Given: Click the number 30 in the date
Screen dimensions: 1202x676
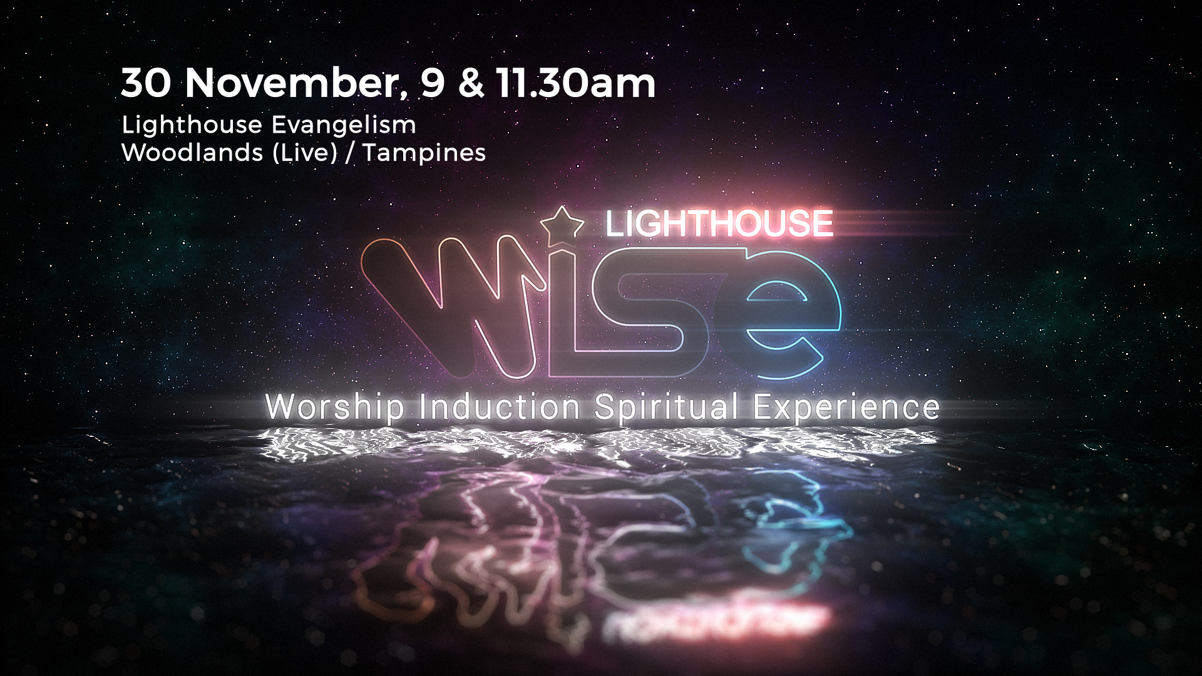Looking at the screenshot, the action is coord(146,83).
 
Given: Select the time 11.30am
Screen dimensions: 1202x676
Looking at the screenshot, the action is coord(575,83).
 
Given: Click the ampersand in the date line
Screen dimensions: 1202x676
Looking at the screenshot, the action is coord(471,83).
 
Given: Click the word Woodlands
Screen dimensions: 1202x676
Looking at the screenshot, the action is coord(192,152).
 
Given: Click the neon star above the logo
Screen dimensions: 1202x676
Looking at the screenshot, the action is coord(562,225).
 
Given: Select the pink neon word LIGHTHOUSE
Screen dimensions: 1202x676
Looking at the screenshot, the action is coord(719,223).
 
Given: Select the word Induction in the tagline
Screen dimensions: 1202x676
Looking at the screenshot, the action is coord(500,407).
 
